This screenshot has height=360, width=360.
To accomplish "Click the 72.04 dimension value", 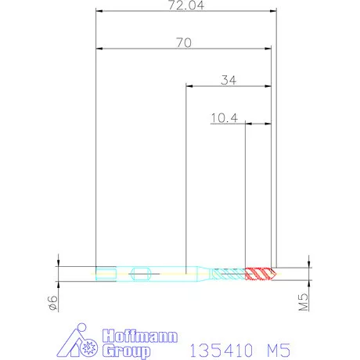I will [x=185, y=5].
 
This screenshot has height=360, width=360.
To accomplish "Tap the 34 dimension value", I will [x=229, y=80].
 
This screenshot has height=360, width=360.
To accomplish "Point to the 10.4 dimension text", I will [x=224, y=118].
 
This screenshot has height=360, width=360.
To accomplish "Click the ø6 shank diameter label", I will [x=52, y=304].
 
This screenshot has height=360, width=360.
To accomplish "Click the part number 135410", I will [x=221, y=346].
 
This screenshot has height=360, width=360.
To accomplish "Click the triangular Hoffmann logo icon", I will [x=82, y=341].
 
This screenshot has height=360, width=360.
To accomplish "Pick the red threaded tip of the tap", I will [x=260, y=273].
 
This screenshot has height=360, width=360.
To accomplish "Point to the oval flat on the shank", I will [x=141, y=273].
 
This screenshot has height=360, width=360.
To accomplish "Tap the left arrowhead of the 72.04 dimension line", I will [x=99, y=12].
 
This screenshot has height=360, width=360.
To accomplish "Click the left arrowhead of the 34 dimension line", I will [x=188, y=86].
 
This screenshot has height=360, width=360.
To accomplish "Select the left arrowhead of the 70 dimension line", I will [x=99, y=49].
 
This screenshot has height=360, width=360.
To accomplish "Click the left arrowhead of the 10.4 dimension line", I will [x=249, y=124].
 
